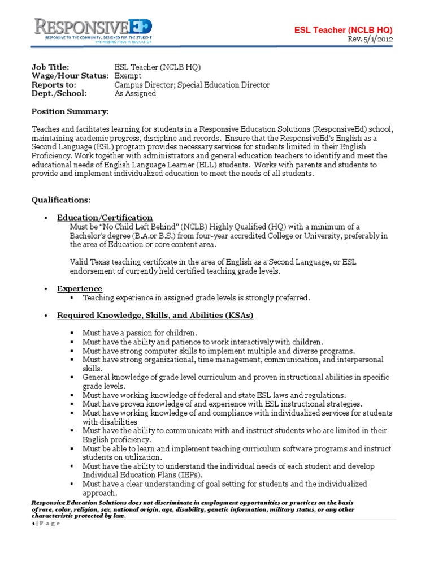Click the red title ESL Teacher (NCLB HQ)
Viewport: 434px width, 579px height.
[x=344, y=29]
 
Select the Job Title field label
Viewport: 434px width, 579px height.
[x=50, y=67]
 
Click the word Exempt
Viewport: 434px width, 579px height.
[x=128, y=76]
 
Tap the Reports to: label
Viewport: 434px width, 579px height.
[x=55, y=85]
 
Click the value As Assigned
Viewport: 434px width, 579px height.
[x=136, y=94]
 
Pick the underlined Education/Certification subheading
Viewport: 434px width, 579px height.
[x=105, y=218]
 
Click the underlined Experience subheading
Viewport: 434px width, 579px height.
[x=80, y=288]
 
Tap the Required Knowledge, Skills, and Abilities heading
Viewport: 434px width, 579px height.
[x=155, y=315]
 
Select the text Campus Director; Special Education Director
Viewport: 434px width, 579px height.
[x=192, y=85]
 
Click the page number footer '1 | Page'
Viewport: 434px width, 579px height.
[x=45, y=523]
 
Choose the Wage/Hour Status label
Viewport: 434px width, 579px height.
[x=69, y=76]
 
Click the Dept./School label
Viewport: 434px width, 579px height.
[x=58, y=94]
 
